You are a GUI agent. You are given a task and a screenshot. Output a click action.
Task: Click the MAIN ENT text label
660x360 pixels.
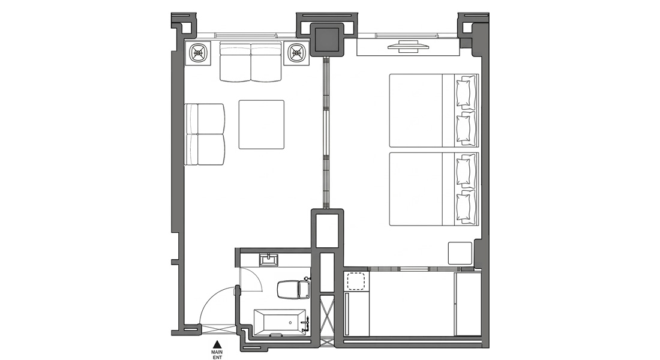click(x=217, y=355)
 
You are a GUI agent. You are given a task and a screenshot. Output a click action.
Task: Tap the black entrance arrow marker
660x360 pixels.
click(x=217, y=343)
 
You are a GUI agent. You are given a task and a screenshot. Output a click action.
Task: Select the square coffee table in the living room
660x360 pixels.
click(x=262, y=124)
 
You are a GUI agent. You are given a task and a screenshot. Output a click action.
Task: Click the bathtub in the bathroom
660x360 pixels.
click(x=280, y=323)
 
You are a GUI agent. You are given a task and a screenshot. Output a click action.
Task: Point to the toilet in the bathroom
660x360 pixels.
click(x=294, y=290)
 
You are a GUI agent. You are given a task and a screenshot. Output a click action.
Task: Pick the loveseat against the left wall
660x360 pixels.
click(x=205, y=134)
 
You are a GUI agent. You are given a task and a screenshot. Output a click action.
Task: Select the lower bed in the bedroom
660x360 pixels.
click(x=434, y=188)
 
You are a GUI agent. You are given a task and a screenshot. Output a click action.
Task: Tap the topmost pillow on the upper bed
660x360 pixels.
click(x=466, y=92)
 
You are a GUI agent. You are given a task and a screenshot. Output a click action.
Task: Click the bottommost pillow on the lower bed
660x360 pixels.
click(x=466, y=206)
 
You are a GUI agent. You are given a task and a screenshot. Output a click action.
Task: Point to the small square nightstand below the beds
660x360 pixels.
click(x=460, y=253)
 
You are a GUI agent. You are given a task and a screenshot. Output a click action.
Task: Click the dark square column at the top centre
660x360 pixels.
click(x=328, y=40)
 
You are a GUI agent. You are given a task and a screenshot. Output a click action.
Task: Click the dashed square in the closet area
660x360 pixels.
click(x=356, y=281)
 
